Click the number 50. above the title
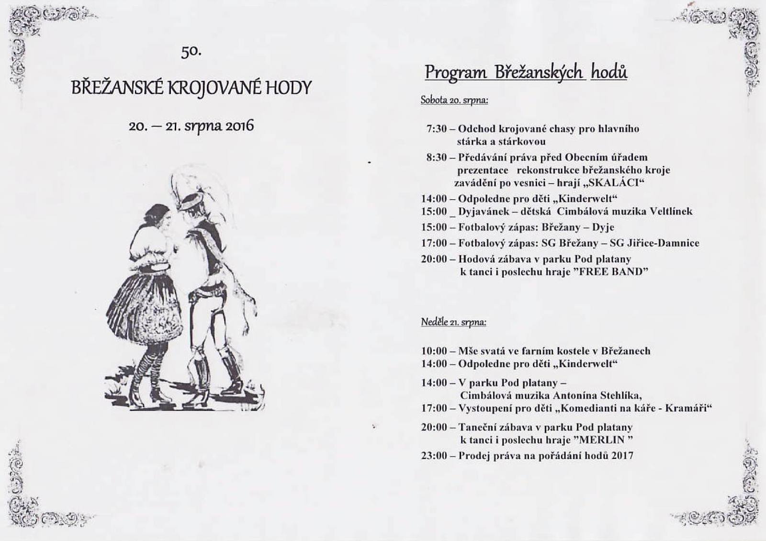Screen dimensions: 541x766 pyautogui.click(x=191, y=51)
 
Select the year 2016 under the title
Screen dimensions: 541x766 pyautogui.click(x=239, y=126)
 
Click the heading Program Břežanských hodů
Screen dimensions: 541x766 pyautogui.click(x=526, y=73)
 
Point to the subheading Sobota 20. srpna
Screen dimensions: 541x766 pyautogui.click(x=454, y=100)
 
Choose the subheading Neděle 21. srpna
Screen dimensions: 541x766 pyautogui.click(x=453, y=322)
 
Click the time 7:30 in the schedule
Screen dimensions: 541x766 pyautogui.click(x=436, y=129)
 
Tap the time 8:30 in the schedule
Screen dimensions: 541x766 pyautogui.click(x=436, y=158)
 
